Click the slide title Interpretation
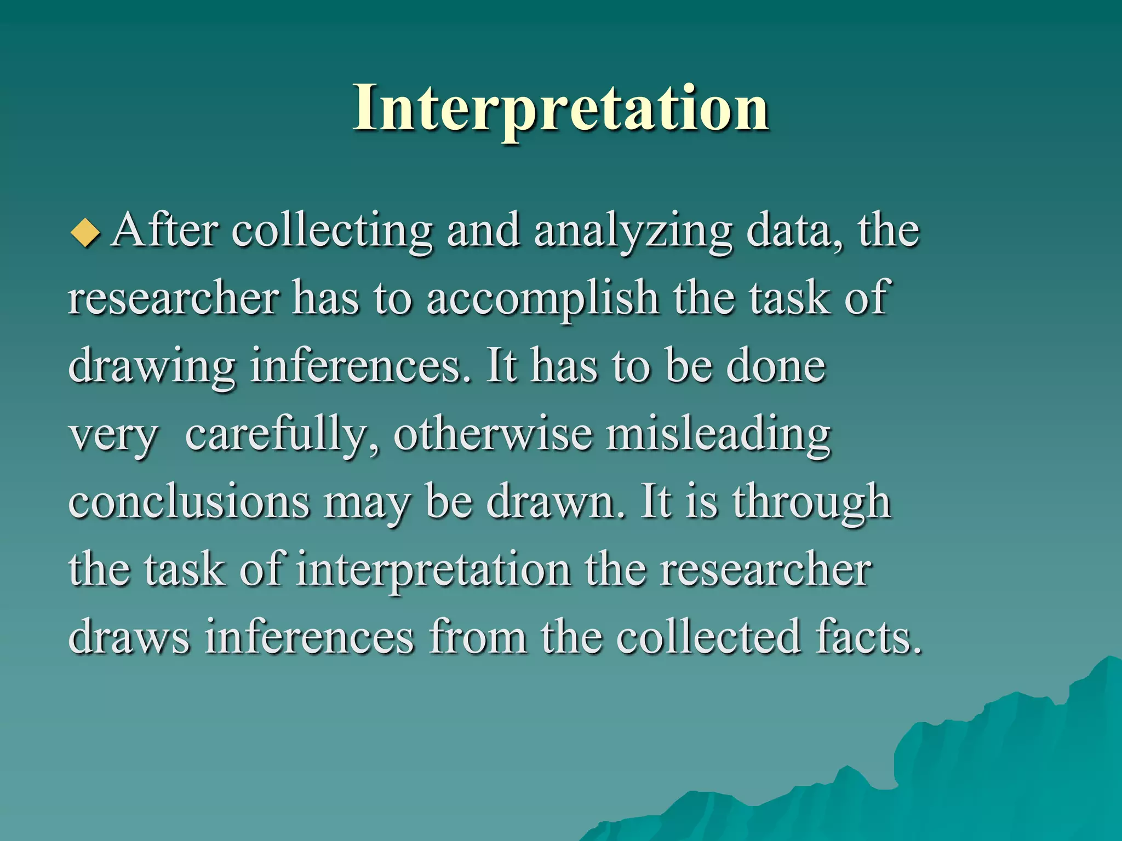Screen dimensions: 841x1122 pos(560,108)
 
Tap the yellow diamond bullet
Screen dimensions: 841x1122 pos(85,232)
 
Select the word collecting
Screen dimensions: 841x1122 pos(331,231)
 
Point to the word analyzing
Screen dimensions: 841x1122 pos(632,231)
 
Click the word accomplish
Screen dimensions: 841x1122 pos(542,299)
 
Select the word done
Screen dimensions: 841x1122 pos(775,366)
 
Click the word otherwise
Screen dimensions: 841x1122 pos(493,434)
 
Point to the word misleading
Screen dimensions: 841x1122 pos(718,435)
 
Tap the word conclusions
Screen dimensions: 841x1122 pos(189,502)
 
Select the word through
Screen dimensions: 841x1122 pos(811,502)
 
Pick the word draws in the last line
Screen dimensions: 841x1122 pos(129,637)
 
